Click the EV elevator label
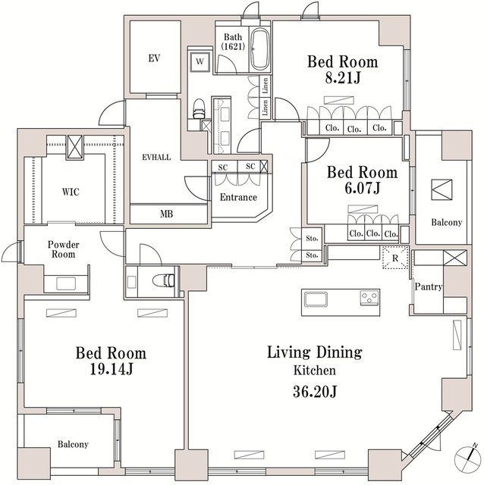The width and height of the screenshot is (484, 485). tap(154, 58)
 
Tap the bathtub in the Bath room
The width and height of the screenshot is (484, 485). tap(259, 49)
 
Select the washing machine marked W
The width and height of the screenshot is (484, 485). tap(200, 61)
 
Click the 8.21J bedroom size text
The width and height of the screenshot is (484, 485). tap(343, 77)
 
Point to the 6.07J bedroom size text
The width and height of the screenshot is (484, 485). tap(363, 188)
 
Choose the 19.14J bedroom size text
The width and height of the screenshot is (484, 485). tap(112, 369)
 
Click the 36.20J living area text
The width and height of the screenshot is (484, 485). tap(315, 392)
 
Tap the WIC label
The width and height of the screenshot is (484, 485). tap(71, 192)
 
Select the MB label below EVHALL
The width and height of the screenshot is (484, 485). tap(167, 214)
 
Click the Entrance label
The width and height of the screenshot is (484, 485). tap(238, 197)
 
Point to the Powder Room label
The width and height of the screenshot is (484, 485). tap(63, 249)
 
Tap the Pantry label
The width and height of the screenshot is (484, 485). tap(429, 286)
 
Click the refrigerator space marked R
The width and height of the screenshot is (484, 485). tap(395, 258)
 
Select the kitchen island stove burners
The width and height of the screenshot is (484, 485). tap(369, 298)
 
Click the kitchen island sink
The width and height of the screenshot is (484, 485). tap(316, 299)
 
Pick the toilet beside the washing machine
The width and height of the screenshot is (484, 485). tap(199, 109)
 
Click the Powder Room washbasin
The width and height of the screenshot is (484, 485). tap(66, 283)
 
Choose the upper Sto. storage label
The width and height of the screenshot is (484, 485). tap(312, 239)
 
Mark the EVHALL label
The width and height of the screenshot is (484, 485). tap(156, 157)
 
